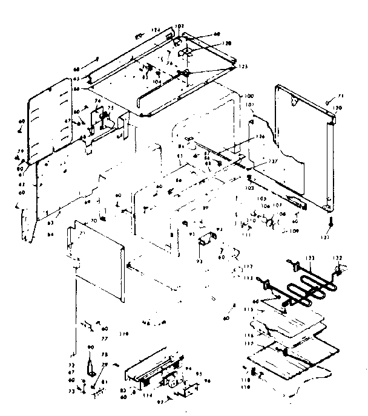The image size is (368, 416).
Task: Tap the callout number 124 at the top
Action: pyautogui.click(x=155, y=29)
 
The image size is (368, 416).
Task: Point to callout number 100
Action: pyautogui.click(x=248, y=97)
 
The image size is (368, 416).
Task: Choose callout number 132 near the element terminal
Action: pyautogui.click(x=338, y=258)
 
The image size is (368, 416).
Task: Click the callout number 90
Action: pyautogui.click(x=90, y=346)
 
